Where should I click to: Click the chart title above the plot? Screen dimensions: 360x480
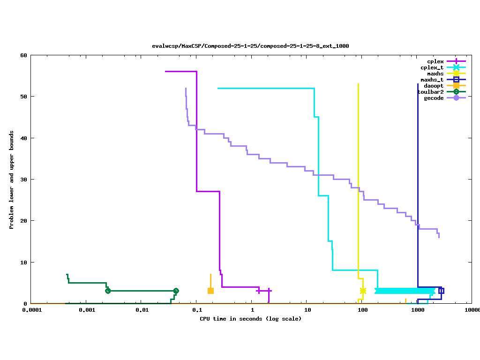point(250,46)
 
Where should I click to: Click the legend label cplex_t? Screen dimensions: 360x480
point(432,67)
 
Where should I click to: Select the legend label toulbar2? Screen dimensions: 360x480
point(430,92)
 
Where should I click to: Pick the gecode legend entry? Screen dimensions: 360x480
point(434,98)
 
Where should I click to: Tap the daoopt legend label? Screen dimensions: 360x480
point(434,86)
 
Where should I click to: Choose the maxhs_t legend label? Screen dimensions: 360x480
point(432,80)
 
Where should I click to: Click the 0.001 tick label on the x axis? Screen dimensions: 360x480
point(87,310)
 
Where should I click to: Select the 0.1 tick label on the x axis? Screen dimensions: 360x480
point(197,310)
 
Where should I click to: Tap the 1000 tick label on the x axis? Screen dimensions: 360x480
point(418,310)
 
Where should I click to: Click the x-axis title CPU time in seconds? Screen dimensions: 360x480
point(250,319)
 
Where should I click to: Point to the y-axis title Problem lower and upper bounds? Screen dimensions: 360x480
point(12,180)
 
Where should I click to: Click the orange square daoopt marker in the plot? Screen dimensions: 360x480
point(210,291)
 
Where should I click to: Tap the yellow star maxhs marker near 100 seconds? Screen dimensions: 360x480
point(363,291)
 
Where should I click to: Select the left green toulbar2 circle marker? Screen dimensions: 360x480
point(108,291)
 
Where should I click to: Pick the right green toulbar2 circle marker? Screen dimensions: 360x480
point(176,291)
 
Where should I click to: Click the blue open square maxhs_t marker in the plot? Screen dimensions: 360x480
point(441,291)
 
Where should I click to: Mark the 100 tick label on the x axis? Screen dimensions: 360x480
point(362,310)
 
